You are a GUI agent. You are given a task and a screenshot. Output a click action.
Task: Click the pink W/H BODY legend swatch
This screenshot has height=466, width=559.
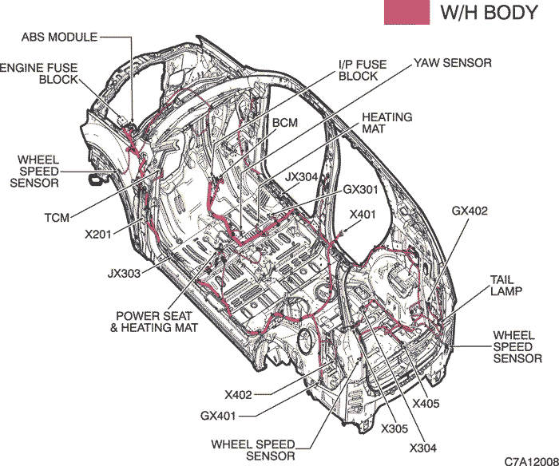[x=406, y=12]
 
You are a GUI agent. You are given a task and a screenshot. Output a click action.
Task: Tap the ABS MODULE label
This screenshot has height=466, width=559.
[x=59, y=37]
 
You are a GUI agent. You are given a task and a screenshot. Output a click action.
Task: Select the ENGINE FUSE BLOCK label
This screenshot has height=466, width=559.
[x=38, y=73]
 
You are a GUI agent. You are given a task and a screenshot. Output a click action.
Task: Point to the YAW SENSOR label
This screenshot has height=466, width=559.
[x=453, y=63]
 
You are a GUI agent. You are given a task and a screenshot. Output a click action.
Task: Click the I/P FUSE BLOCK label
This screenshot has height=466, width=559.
[x=363, y=70]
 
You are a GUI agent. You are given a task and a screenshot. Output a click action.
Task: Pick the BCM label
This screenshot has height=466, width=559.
[x=285, y=123]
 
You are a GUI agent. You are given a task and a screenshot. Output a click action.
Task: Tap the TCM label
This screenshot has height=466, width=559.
[x=57, y=217]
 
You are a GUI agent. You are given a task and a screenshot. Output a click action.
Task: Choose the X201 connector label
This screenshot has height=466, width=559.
[x=97, y=235]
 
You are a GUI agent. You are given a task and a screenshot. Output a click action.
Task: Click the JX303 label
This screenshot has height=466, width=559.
[x=124, y=273]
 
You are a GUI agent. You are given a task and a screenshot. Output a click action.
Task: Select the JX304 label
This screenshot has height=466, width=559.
[x=301, y=176]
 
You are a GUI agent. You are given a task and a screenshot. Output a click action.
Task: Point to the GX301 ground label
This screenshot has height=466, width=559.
[x=360, y=189]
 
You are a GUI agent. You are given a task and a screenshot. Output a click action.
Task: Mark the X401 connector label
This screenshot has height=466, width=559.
[x=363, y=215]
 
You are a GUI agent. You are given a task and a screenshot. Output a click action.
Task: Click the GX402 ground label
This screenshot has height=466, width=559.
[x=470, y=211]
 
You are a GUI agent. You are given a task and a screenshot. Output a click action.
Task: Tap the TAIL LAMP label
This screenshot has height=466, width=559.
[x=505, y=286]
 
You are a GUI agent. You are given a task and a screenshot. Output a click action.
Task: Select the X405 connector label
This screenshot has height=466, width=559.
[x=426, y=403]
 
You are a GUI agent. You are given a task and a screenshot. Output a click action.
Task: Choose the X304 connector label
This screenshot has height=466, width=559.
[x=422, y=448]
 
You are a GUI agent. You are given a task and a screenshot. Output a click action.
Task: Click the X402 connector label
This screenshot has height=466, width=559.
[x=238, y=395]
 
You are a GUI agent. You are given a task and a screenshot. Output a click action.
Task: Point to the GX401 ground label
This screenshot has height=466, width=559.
[x=218, y=416]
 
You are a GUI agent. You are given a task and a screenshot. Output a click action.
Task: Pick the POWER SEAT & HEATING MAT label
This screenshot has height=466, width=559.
[x=153, y=322]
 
